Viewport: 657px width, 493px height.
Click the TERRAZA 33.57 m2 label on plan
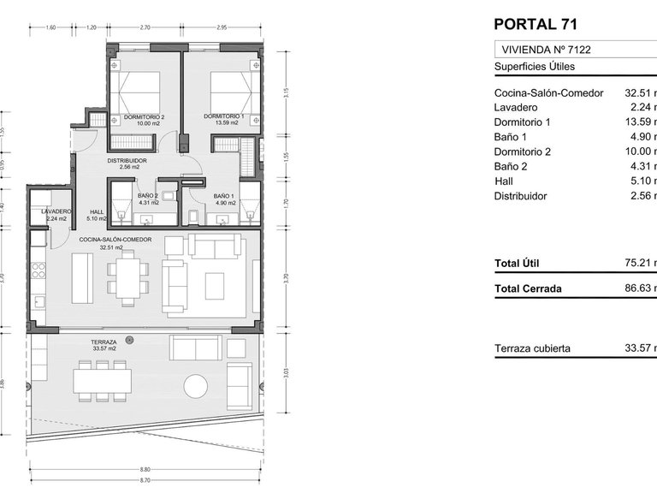pos(104,345)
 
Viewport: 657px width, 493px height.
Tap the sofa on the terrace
pos(195,347)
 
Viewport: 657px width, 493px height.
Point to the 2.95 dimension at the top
pos(222,28)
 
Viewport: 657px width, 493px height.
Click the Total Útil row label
pos(517,264)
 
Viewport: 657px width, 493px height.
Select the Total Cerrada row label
pos(528,288)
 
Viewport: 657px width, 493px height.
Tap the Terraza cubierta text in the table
pos(532,349)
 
